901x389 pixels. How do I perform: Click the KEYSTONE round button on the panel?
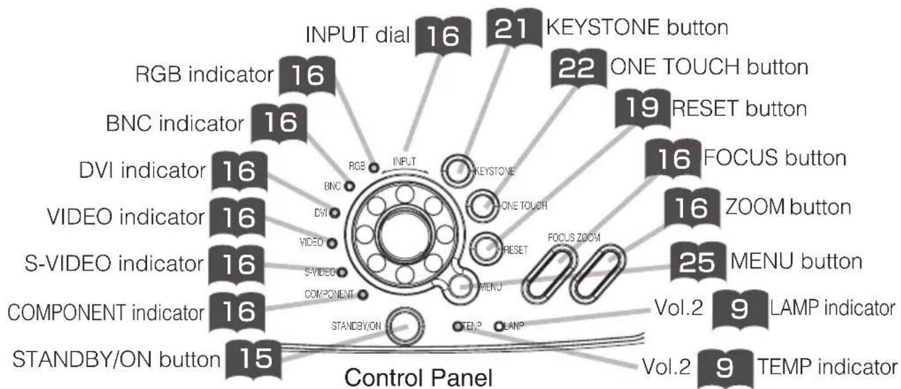click(x=457, y=170)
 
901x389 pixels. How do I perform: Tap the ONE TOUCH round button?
click(x=482, y=205)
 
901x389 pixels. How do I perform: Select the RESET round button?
click(x=486, y=248)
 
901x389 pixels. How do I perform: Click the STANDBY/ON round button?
click(x=405, y=326)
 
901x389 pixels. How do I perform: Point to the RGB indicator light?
click(x=374, y=168)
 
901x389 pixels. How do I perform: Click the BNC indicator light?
click(x=349, y=186)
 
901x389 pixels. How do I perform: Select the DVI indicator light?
click(x=334, y=213)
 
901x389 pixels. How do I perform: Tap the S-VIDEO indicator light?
click(x=342, y=272)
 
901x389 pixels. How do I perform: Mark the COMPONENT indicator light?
click(x=363, y=294)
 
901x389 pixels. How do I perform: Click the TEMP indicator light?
click(x=457, y=326)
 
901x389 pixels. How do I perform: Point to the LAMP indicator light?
click(x=499, y=326)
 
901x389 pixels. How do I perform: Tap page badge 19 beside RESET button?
click(x=643, y=109)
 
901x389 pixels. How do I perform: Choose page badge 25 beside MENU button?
click(x=698, y=262)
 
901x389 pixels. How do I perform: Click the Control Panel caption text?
click(x=418, y=377)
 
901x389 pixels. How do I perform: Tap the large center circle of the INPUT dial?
click(x=404, y=235)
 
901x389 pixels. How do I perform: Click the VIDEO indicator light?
click(x=331, y=243)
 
